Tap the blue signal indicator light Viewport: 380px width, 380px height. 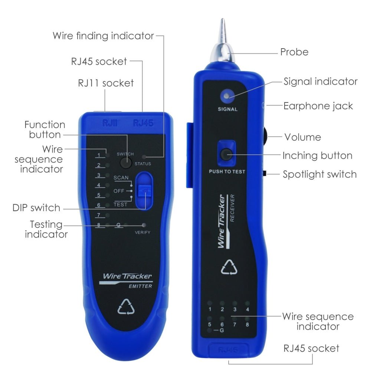tap(225, 96)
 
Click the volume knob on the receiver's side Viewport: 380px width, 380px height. tap(267, 137)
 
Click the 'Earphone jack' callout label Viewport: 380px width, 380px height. tap(318, 106)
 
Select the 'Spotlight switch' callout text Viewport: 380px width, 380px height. tap(319, 174)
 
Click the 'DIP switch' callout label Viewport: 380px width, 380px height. tap(36, 208)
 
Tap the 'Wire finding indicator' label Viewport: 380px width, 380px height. tap(103, 36)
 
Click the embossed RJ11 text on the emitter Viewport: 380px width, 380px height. tap(110, 123)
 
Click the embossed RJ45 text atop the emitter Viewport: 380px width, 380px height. tap(143, 123)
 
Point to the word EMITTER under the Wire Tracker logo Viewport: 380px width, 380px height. tap(140, 286)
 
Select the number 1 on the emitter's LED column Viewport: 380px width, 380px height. tap(99, 155)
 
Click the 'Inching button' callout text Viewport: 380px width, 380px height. tap(317, 155)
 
